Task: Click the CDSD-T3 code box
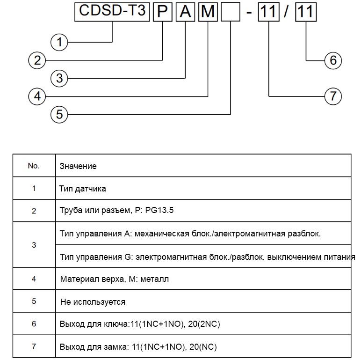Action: point(112,12)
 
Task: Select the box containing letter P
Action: point(163,12)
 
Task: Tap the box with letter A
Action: point(185,12)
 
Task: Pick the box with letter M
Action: point(208,12)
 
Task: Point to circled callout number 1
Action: point(59,42)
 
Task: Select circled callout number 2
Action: point(37,60)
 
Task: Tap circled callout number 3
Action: point(59,78)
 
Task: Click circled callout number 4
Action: point(37,96)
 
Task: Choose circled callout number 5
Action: point(59,114)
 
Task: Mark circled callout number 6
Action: point(333,60)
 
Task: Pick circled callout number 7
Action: point(333,96)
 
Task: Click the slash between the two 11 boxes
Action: point(286,12)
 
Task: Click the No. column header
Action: point(34,166)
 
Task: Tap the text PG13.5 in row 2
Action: point(159,210)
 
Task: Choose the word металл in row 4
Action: point(154,279)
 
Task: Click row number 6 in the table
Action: point(34,324)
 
